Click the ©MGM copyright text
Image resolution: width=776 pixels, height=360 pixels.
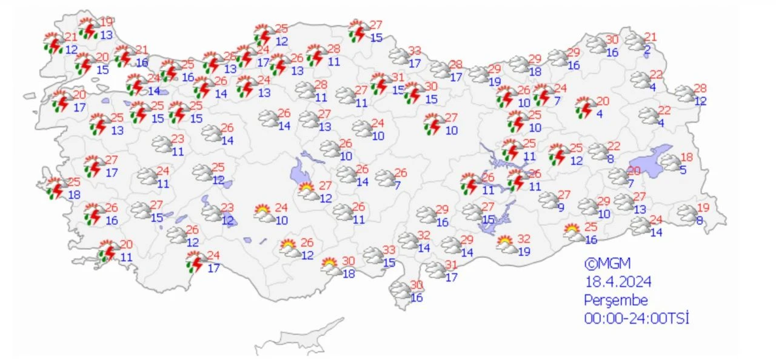coord(607,264)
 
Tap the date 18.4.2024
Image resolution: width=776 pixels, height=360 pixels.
coord(618,282)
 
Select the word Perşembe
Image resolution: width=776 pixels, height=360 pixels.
coord(616,300)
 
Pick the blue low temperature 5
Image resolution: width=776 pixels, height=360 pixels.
coord(683,170)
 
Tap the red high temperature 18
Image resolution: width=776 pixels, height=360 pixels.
coord(686,156)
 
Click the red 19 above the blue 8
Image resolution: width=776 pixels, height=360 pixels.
coord(703,207)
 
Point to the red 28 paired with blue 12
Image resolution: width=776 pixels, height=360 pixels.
coord(700,88)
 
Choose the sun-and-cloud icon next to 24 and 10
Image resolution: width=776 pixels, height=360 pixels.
coord(264,213)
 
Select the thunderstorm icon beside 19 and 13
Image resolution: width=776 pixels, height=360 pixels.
coord(89,28)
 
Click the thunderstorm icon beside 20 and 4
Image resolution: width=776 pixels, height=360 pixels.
coord(584,107)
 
